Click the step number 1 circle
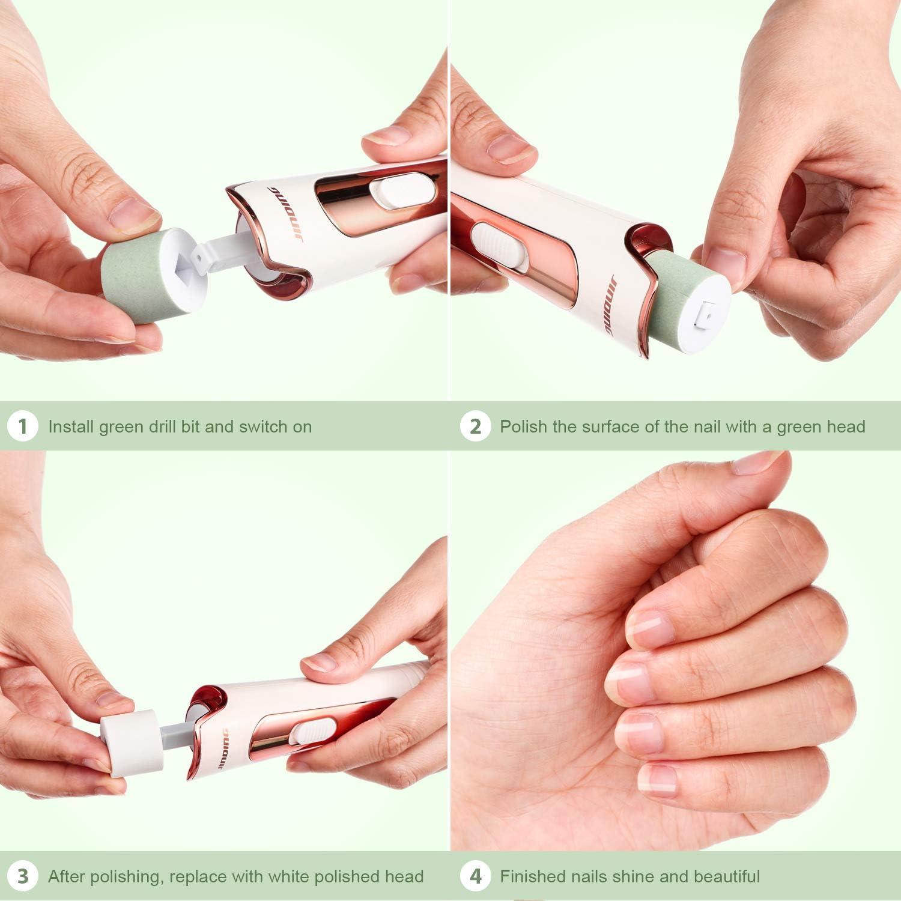tap(23, 426)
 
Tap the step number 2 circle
tap(475, 426)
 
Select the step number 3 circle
tap(23, 876)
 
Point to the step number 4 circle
tap(475, 876)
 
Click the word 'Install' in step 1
tap(71, 427)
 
